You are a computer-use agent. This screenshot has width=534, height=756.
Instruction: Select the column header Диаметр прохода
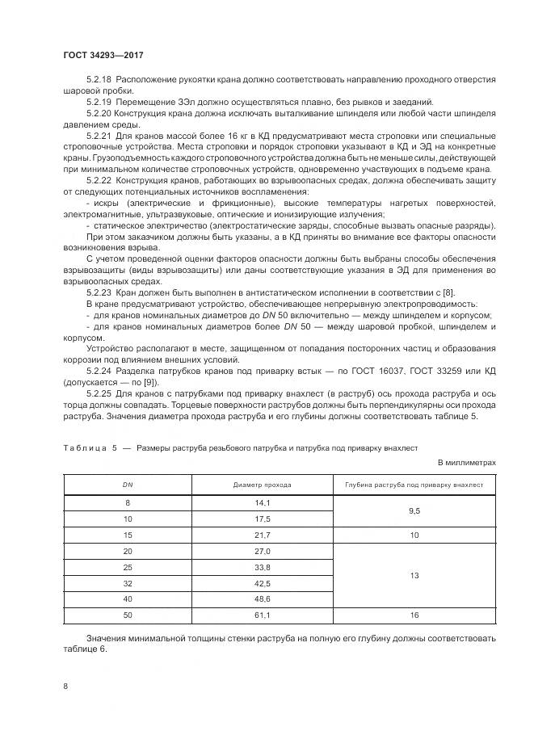[262, 485]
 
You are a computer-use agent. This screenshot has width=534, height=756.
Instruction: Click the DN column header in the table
[127, 485]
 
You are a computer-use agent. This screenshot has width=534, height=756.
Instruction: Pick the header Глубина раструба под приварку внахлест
[414, 485]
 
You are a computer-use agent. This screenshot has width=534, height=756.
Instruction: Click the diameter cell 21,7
[262, 535]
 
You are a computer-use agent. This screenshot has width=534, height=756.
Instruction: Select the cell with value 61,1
[262, 615]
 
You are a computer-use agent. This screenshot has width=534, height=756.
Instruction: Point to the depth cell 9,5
[414, 510]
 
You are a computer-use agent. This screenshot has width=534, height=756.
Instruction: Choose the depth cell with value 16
[414, 615]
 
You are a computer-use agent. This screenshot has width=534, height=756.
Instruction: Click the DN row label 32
[127, 583]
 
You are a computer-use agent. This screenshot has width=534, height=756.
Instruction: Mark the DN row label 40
[127, 599]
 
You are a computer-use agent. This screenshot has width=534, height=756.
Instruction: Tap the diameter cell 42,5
[262, 583]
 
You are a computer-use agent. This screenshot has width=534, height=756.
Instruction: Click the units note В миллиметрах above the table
[466, 462]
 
